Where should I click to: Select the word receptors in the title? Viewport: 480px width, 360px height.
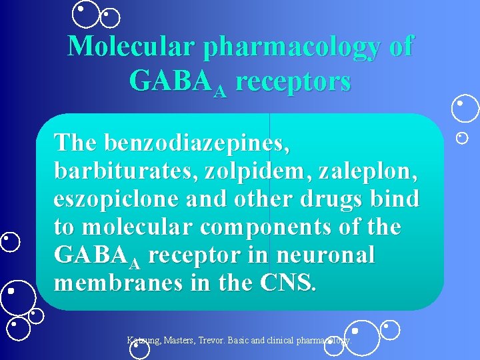[293, 82]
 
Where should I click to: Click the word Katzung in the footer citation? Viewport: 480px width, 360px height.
[143, 341]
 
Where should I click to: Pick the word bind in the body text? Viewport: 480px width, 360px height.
[397, 199]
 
